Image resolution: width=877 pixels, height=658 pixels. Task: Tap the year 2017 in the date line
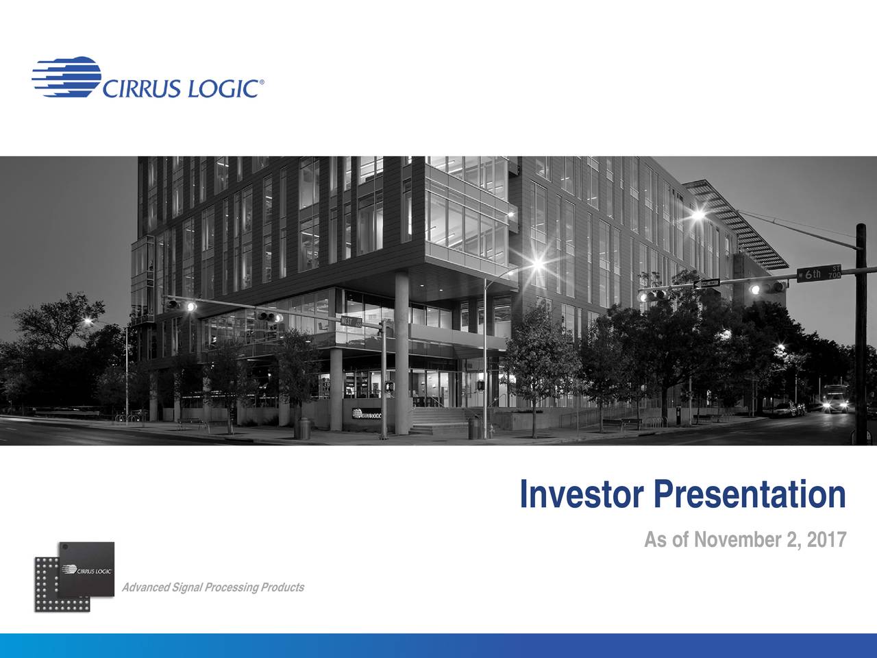(827, 541)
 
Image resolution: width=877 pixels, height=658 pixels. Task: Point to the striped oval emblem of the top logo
(66, 75)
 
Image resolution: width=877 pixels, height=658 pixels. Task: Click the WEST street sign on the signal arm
(351, 322)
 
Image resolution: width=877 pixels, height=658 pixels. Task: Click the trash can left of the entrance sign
(304, 428)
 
